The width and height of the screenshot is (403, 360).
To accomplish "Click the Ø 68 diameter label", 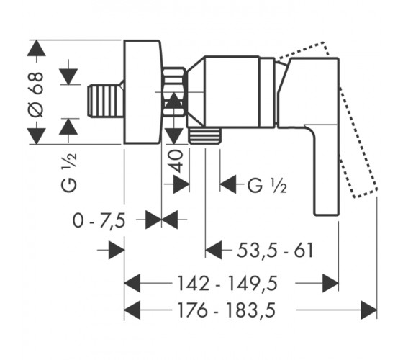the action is pos(36,94).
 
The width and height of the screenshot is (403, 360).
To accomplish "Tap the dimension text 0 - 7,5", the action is pos(99,220).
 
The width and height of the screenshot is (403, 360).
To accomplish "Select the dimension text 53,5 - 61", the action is pos(275,251).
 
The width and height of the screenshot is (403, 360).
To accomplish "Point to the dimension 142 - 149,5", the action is pos(227,284).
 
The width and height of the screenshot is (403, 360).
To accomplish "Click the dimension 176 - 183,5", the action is pos(227,310).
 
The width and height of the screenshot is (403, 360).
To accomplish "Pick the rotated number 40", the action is pos(176,161).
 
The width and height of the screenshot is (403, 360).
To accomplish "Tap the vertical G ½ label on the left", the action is pos(69,172).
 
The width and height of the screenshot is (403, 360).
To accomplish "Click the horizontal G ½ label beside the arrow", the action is pos(267,185).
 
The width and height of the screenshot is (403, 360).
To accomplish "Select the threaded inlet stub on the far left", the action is pos(106,102).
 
